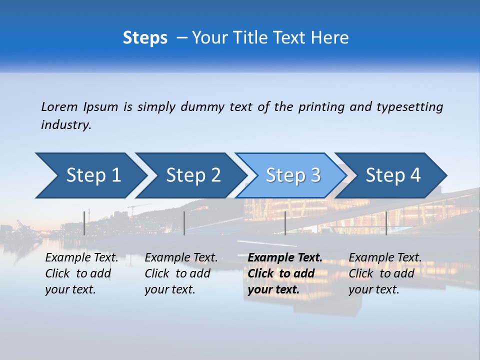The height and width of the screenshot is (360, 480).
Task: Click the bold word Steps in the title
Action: [x=145, y=38]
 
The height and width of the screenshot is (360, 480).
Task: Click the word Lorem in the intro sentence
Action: [x=59, y=106]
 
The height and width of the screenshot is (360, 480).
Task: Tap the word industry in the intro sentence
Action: [x=66, y=124]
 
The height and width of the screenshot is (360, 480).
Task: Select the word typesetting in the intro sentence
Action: [x=409, y=106]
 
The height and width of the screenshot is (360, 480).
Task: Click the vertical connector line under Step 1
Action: [x=84, y=223]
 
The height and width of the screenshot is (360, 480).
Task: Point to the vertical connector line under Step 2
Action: [x=184, y=223]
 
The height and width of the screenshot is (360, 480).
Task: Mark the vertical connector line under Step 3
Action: [x=285, y=223]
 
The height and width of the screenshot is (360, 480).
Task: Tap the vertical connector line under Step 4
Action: [x=386, y=223]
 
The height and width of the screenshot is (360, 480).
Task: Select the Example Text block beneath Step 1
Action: [x=81, y=273]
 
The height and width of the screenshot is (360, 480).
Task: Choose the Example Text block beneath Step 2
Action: [x=181, y=273]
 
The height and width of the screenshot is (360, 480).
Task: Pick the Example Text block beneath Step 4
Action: [x=385, y=273]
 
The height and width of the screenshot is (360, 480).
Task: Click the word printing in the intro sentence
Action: [x=321, y=106]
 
